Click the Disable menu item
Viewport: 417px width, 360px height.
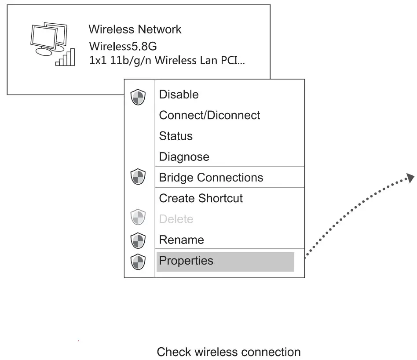point(179,95)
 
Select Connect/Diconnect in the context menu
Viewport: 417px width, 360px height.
point(209,115)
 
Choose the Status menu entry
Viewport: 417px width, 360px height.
point(176,136)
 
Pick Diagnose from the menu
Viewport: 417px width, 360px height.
point(184,156)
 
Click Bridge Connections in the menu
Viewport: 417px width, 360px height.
point(211,178)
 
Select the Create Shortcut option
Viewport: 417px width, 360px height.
point(201,198)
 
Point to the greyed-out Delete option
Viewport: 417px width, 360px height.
point(176,219)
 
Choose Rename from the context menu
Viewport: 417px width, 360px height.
point(181,240)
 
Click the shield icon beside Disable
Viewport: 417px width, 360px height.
point(138,96)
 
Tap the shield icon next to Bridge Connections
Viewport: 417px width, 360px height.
point(138,178)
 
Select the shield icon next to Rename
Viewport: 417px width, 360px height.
point(138,240)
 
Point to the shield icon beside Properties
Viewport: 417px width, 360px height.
point(138,261)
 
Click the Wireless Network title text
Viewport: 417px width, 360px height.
point(135,29)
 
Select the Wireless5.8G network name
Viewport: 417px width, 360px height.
point(123,46)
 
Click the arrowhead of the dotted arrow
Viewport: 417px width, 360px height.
point(410,177)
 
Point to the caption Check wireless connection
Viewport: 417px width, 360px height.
point(229,352)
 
